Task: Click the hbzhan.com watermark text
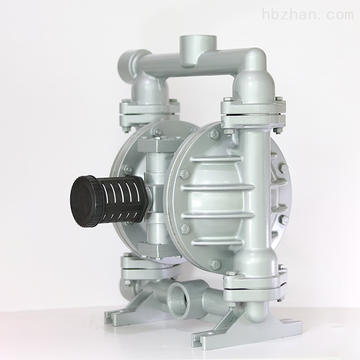point(308,9)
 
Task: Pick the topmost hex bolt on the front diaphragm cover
point(216,134)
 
